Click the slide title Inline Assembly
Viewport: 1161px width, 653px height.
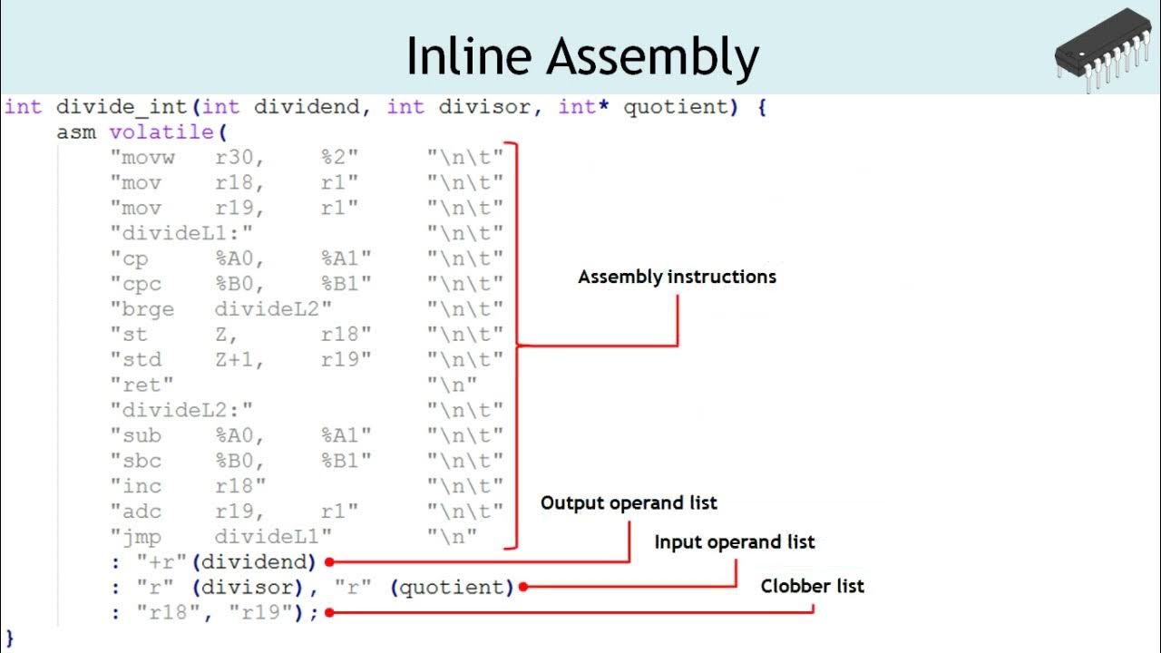pos(581,56)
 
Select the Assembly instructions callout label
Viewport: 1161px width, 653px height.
pos(677,277)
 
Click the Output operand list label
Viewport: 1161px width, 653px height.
pos(629,502)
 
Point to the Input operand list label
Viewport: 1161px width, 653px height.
pos(735,542)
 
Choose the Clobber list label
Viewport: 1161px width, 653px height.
pos(812,586)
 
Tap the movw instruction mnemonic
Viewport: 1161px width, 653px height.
pos(147,158)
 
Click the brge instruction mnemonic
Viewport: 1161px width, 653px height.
pos(147,309)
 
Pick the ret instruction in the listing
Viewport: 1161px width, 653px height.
pos(147,385)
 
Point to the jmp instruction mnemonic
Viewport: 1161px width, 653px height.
pos(141,536)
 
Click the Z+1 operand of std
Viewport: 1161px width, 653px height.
pos(238,360)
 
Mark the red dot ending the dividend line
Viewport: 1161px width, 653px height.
pos(329,562)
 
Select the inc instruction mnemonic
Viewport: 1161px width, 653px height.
pos(141,486)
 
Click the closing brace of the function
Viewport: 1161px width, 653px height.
pos(10,638)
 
